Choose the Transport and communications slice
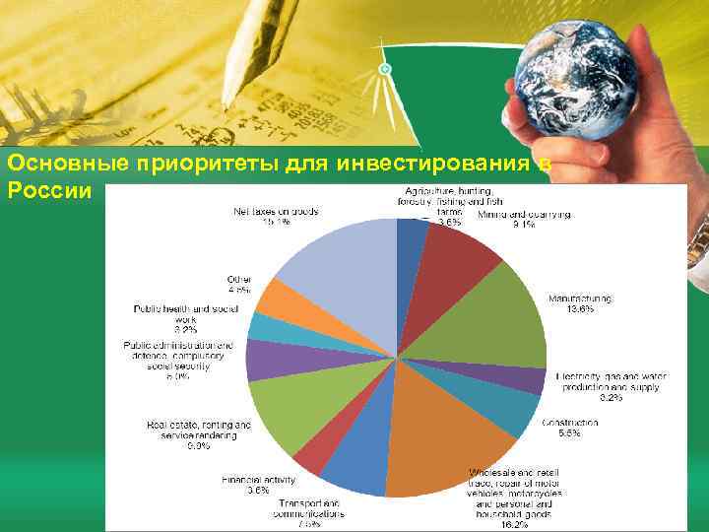[x=354, y=463]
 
